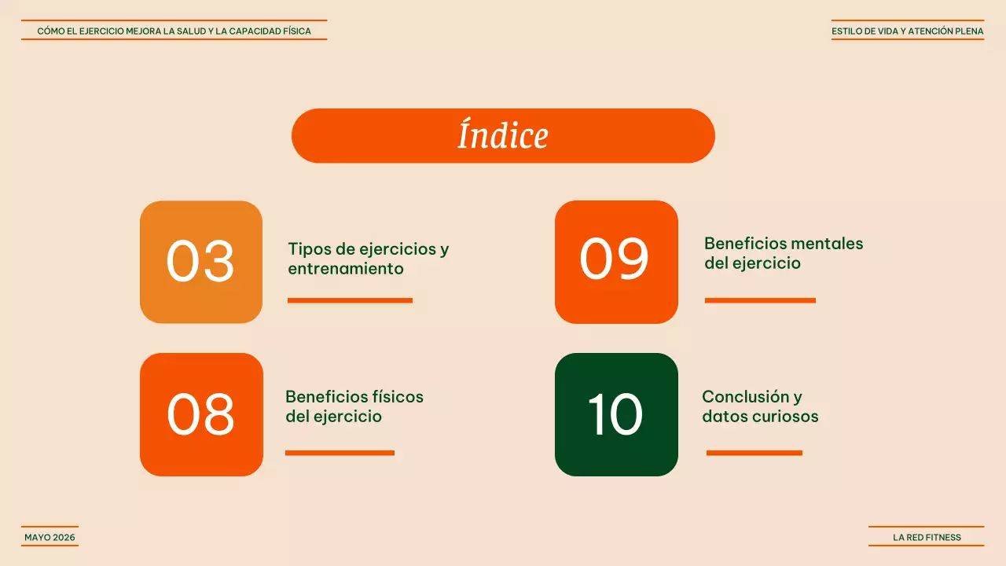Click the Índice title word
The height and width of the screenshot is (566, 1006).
[503, 135]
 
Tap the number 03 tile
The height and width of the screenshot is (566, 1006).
[201, 262]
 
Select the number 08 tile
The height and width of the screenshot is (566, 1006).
[201, 414]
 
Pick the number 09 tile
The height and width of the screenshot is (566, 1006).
[616, 262]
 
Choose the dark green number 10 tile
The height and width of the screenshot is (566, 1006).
[616, 414]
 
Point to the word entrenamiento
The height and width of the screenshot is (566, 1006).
[346, 269]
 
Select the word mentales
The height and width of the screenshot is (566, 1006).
[826, 244]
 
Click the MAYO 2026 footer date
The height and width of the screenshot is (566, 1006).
[50, 538]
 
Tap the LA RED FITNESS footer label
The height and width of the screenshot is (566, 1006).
[927, 538]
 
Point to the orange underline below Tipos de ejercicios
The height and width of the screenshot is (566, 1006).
[350, 300]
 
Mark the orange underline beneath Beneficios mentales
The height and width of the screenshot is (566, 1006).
[760, 300]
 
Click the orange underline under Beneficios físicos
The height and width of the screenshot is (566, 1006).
[340, 453]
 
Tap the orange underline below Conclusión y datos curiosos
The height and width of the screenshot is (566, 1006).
[754, 453]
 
